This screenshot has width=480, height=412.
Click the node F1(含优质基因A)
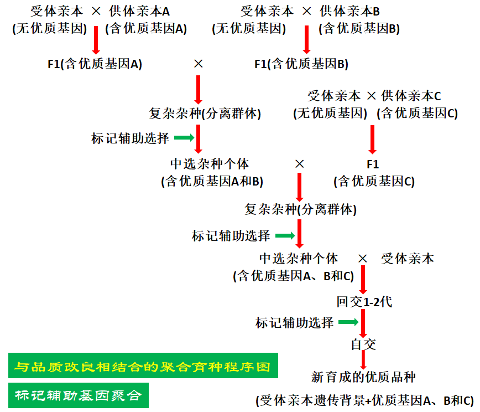tap(95, 64)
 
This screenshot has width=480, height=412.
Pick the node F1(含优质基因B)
tap(301, 64)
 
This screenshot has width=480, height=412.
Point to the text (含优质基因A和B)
tap(212, 181)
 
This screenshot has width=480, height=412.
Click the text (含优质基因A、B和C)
tap(293, 276)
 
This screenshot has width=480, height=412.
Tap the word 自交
tap(363, 344)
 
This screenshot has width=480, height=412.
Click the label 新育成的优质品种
tap(363, 377)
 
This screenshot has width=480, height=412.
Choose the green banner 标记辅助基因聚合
tap(79, 395)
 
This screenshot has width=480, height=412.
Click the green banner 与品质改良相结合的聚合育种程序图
tap(143, 367)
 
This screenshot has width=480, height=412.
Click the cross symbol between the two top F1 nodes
tap(199, 64)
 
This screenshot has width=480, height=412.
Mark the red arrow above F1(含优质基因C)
tap(372, 139)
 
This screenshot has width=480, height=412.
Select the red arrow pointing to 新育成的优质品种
tap(363, 360)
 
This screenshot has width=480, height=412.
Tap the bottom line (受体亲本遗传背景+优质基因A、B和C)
tap(364, 400)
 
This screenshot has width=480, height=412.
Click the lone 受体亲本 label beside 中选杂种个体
tap(408, 259)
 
